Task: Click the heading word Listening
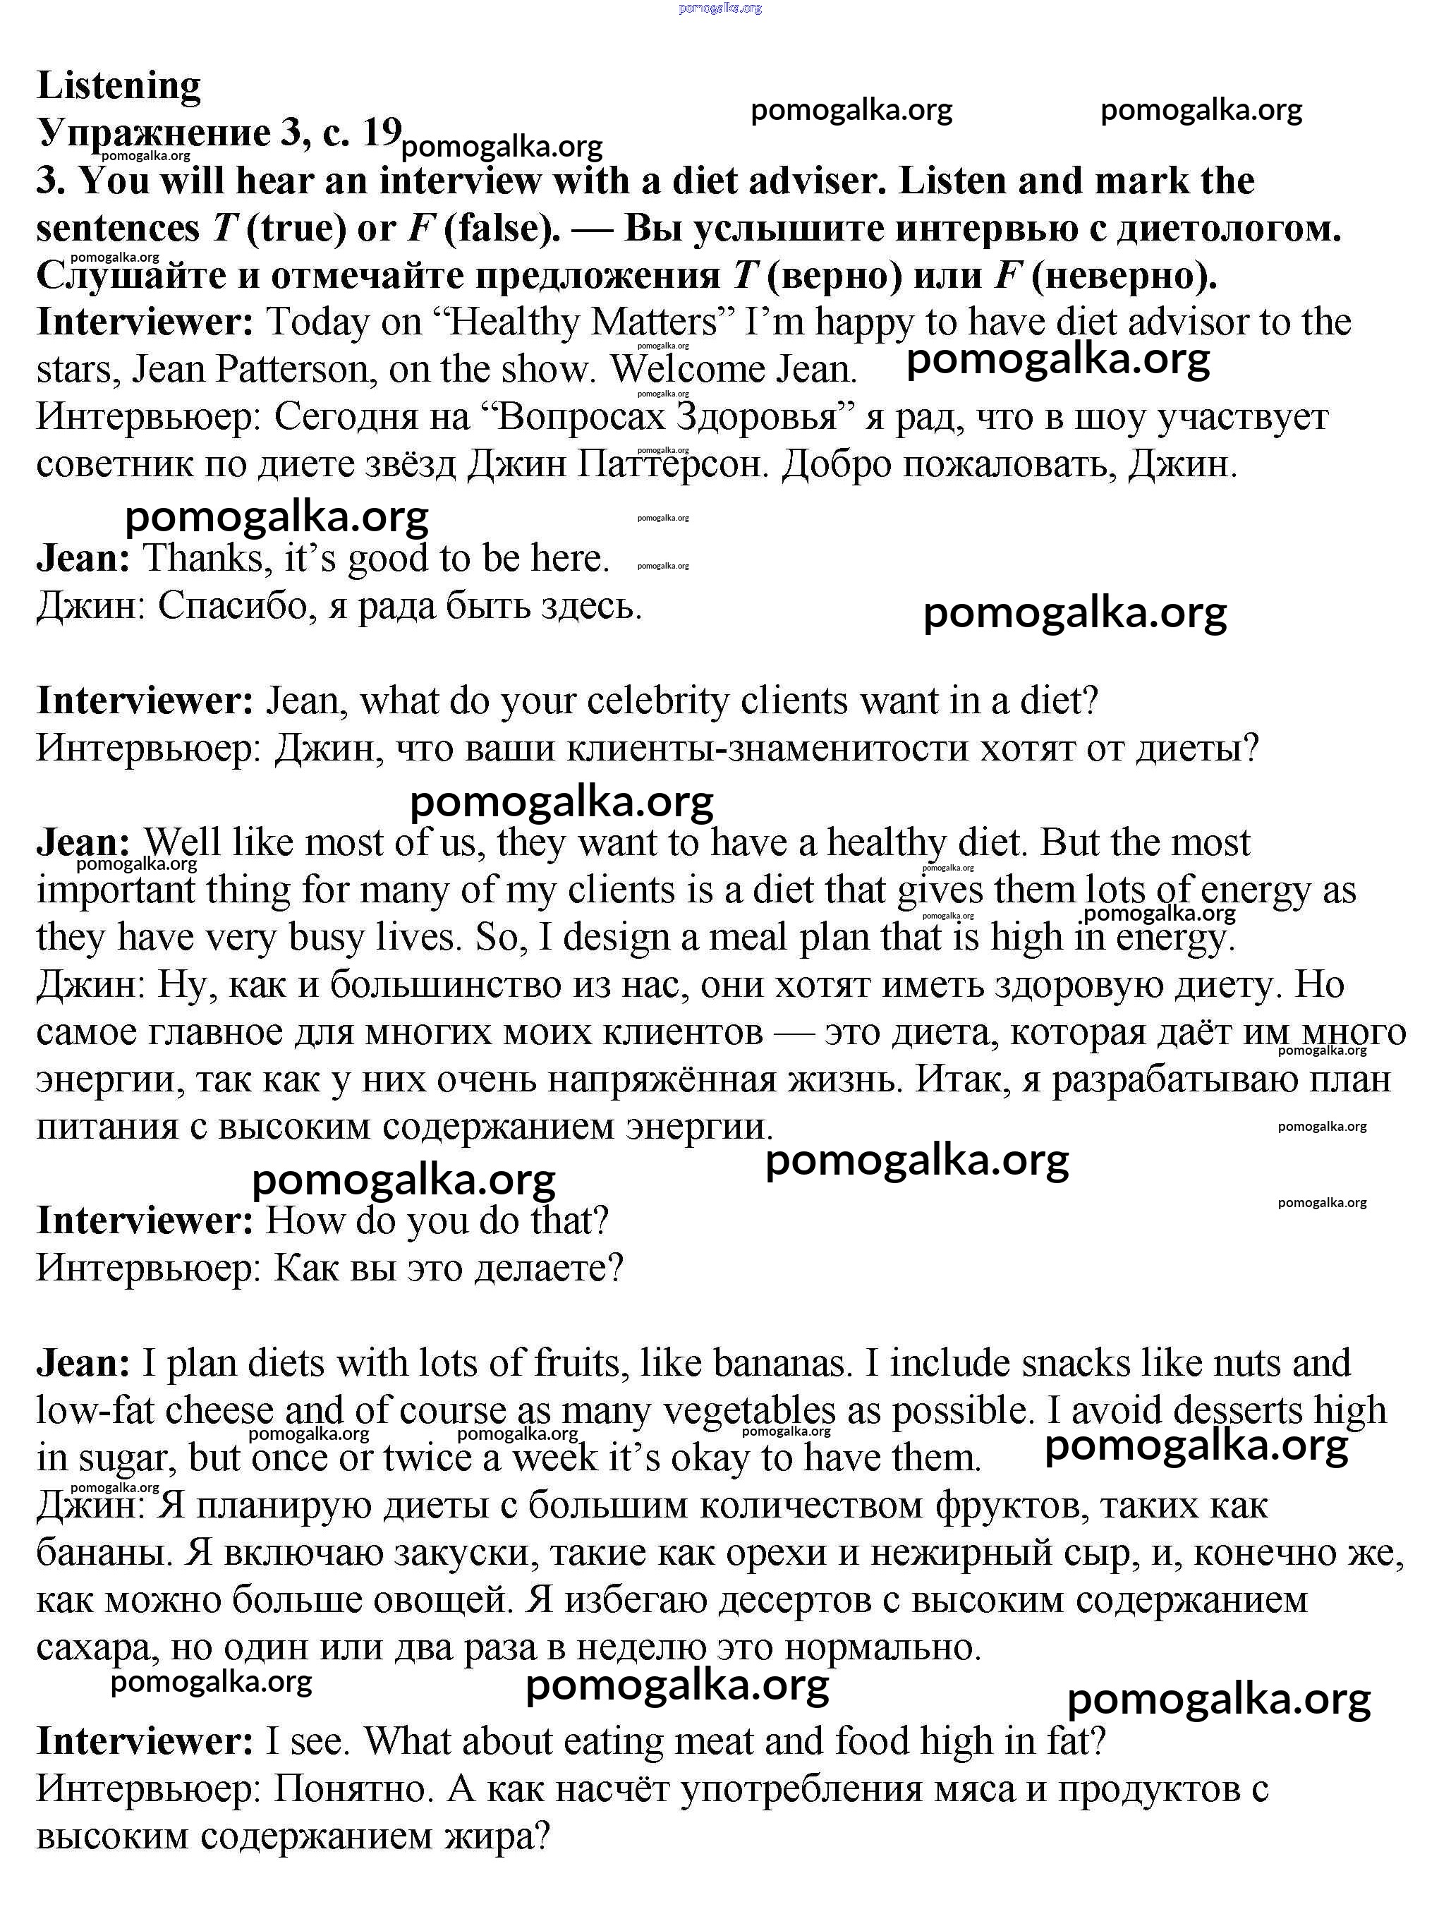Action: pos(119,85)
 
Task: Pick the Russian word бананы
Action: pos(102,1553)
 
